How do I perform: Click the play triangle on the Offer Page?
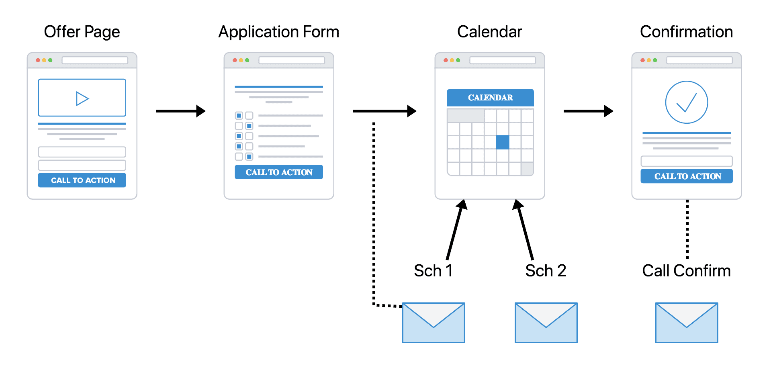[82, 98]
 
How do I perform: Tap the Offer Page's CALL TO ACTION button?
[82, 180]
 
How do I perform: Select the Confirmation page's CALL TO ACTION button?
[687, 176]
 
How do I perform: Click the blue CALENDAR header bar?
[490, 98]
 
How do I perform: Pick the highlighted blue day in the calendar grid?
[503, 142]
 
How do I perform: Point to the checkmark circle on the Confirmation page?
[687, 102]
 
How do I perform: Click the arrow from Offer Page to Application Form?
[181, 111]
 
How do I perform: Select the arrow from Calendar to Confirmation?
[589, 111]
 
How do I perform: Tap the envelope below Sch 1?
[434, 323]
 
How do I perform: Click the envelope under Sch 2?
[546, 323]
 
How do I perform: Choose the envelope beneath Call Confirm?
[687, 323]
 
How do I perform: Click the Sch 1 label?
[434, 271]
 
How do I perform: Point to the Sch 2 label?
[546, 271]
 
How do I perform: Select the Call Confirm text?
[687, 271]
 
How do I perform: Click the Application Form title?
[279, 32]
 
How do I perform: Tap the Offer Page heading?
[82, 32]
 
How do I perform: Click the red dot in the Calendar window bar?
[446, 60]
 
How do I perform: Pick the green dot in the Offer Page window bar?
[50, 60]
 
